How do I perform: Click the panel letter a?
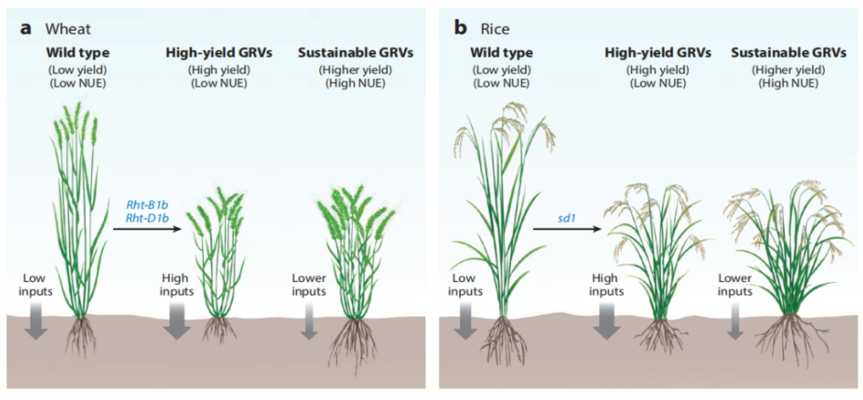25,29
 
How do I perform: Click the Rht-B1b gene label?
146,206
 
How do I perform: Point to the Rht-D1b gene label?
146,218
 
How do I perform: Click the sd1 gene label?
563,218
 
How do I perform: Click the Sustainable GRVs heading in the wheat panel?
356,53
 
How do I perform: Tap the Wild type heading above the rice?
501,53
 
